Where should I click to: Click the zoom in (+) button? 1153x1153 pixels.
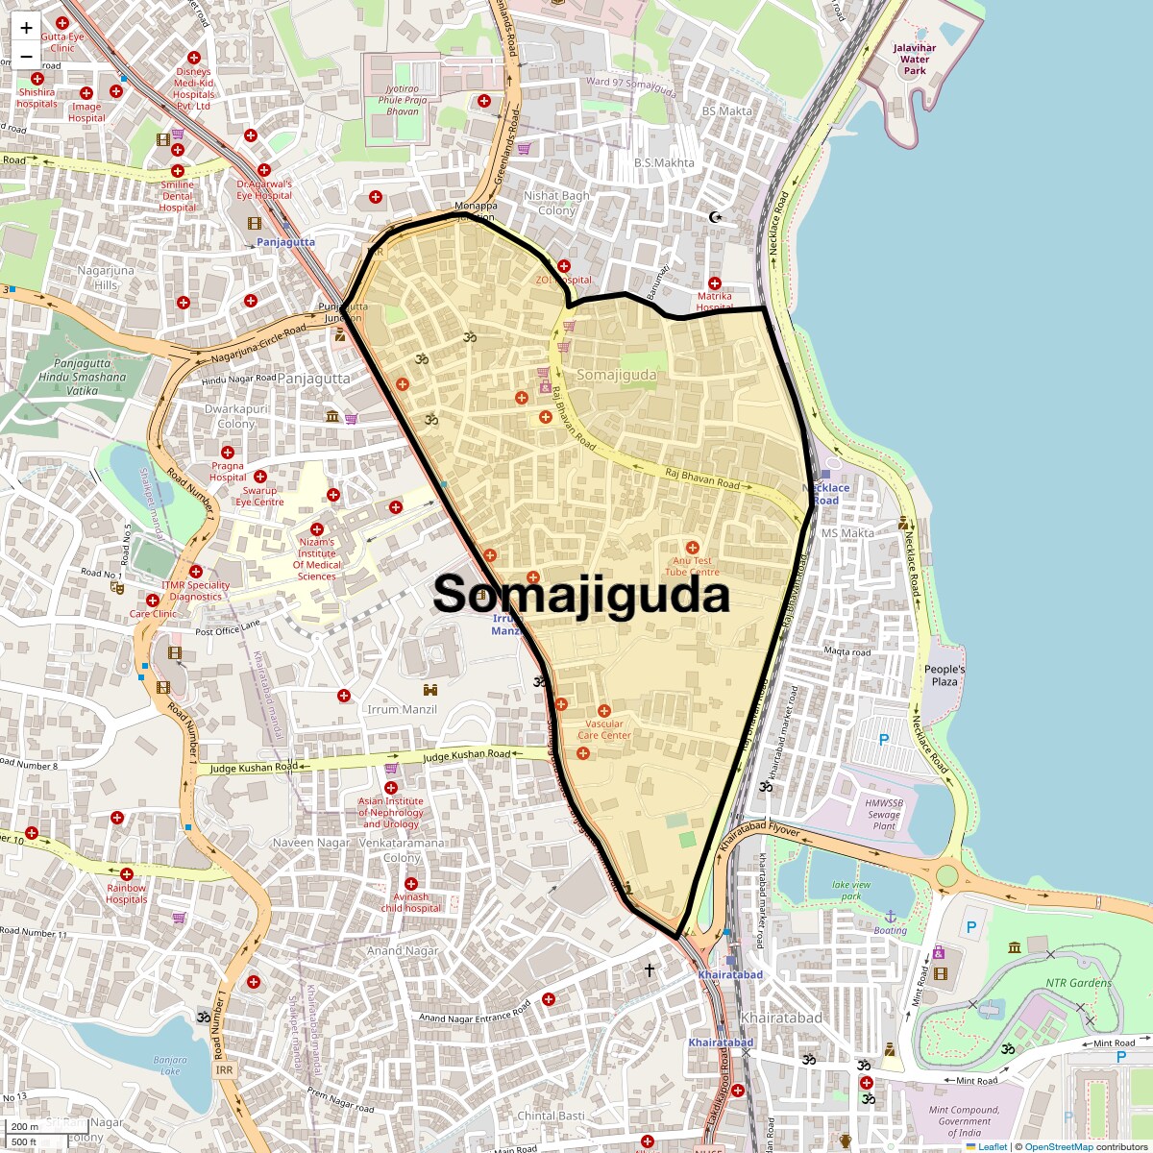tap(26, 28)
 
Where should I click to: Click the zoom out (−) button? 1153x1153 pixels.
tap(26, 57)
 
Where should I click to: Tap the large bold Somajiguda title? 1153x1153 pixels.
tap(581, 595)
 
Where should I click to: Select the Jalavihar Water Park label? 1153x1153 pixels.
tap(914, 60)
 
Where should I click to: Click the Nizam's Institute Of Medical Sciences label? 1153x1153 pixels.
tap(317, 559)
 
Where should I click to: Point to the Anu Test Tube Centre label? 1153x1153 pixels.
tap(692, 566)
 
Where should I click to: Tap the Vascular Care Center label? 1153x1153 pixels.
tap(604, 729)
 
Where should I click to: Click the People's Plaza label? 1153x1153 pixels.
tap(944, 675)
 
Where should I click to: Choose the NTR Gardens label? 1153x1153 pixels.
tap(1078, 983)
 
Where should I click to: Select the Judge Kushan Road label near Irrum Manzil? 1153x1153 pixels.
tap(467, 754)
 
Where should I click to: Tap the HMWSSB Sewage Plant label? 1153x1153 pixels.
tap(884, 814)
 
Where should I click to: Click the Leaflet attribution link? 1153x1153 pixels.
tap(992, 1146)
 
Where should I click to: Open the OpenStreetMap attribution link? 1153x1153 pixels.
tap(1058, 1146)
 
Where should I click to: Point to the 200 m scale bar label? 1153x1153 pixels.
tap(26, 1126)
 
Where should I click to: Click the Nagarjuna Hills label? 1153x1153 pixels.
tap(106, 278)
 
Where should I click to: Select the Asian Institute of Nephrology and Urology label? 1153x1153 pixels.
tap(391, 812)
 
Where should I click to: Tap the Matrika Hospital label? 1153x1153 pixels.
tap(714, 302)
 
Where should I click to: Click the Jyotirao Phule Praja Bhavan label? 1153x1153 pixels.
tap(403, 100)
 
